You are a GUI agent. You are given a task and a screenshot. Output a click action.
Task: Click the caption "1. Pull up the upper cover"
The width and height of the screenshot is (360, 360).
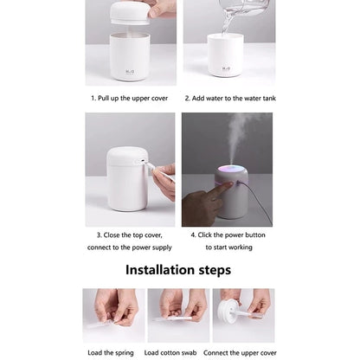tap(130, 98)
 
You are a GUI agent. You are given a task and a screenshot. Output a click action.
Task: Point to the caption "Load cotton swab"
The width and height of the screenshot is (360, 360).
tap(177, 353)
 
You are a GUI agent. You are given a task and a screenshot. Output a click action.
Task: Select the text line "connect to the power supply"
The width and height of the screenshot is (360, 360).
tap(130, 247)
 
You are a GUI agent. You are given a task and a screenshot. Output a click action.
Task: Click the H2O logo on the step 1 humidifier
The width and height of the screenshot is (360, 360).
tap(130, 63)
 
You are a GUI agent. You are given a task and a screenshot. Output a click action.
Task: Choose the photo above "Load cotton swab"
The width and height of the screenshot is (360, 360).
tap(177, 315)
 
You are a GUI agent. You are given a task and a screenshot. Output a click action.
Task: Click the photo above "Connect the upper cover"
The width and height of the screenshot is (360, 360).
tap(243, 315)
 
